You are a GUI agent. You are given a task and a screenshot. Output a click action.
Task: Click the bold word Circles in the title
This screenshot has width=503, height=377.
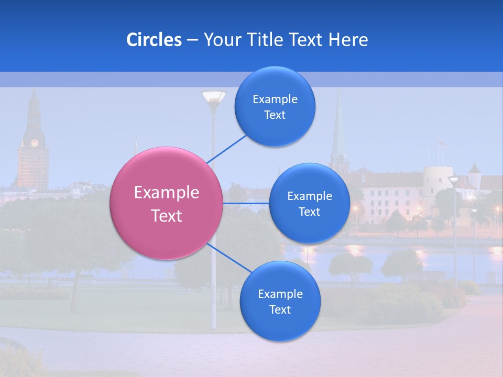point(154,40)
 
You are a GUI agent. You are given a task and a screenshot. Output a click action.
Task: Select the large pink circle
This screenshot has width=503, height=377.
point(166,203)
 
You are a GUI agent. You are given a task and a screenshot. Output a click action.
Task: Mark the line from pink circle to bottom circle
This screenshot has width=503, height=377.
point(229,258)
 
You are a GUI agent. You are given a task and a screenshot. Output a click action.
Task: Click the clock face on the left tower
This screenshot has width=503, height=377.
point(35,142)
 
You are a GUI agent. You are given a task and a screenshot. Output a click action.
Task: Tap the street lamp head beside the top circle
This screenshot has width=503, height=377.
point(214,97)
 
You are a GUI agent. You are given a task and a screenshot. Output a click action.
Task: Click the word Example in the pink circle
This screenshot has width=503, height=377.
point(166,193)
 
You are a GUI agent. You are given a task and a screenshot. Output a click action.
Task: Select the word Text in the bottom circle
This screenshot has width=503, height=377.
point(280,310)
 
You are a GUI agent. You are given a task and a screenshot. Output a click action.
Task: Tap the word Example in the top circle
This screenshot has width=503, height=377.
point(275,99)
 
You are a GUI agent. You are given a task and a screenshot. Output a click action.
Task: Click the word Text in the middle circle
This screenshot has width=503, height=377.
point(309,212)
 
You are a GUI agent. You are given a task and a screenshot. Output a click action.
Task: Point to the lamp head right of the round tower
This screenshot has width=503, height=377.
point(453,180)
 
